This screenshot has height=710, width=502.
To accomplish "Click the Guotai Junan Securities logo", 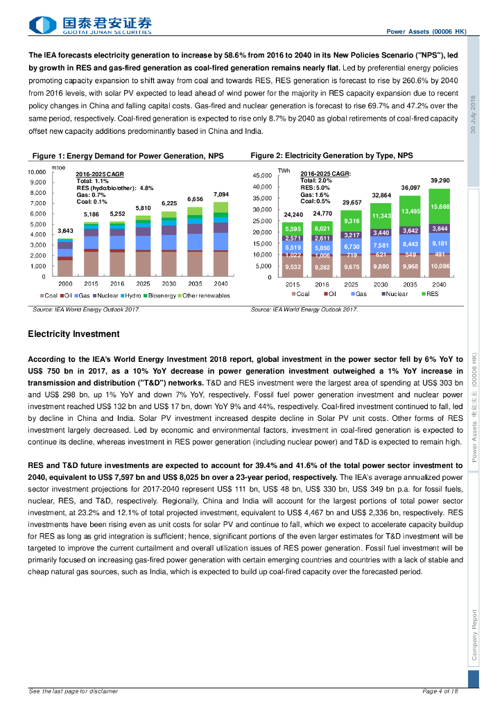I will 90,26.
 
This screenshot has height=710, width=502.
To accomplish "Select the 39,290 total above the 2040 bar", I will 440,180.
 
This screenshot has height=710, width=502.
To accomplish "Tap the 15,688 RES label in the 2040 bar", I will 440,207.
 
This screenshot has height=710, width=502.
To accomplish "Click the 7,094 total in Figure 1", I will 220,195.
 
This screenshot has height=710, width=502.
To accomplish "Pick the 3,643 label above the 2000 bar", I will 65,230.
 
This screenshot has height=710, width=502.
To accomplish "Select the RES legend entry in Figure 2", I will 429,293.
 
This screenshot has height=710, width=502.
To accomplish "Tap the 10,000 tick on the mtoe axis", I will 36,171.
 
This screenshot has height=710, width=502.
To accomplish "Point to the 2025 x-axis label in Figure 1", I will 143,284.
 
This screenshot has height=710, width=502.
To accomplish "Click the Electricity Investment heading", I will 73,334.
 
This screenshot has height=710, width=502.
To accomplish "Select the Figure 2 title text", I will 332,156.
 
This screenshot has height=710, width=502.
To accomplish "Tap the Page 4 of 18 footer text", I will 440,691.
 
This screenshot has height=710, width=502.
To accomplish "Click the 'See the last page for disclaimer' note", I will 73,691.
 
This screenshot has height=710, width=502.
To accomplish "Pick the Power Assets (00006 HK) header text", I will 426,32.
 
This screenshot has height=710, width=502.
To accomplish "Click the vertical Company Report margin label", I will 474,635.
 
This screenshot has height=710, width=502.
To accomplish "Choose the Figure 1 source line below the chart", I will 86,309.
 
